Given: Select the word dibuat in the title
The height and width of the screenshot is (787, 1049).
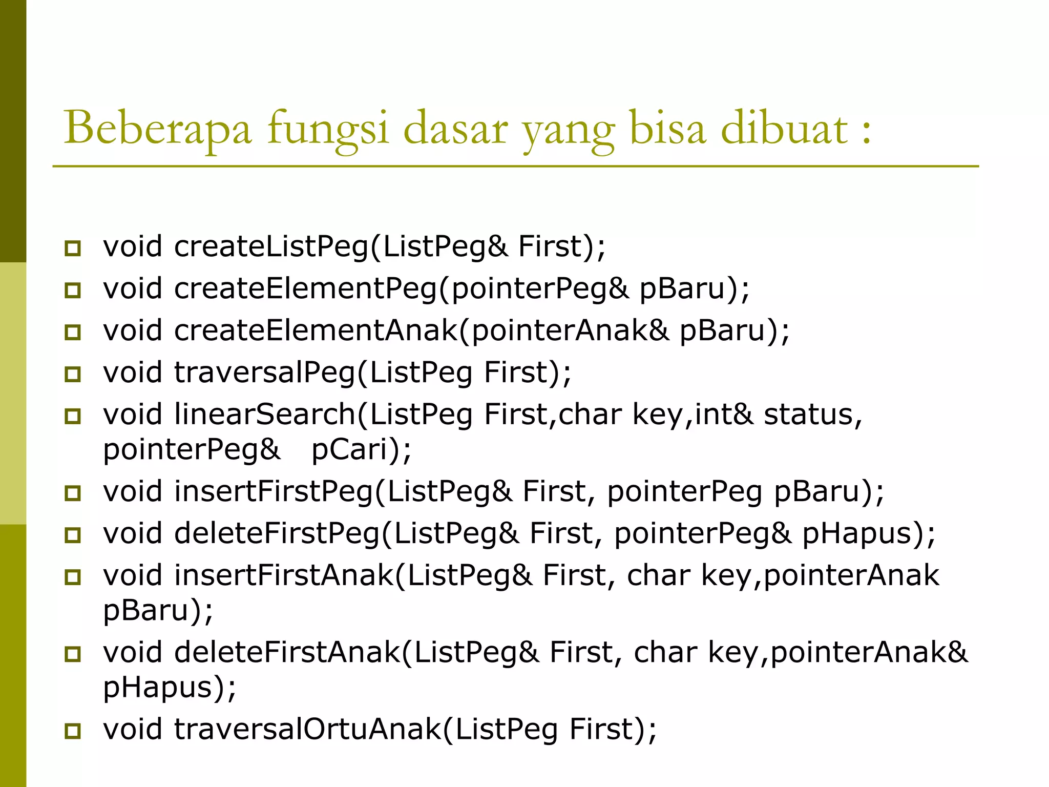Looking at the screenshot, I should click(x=784, y=128).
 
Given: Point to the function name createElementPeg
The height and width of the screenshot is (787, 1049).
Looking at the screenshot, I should click(x=305, y=288).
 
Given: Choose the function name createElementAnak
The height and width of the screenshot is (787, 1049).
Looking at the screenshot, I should click(x=316, y=330).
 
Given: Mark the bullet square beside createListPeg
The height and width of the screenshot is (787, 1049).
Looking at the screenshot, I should click(x=73, y=248).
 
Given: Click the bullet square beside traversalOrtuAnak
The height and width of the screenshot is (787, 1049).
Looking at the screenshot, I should click(x=73, y=731).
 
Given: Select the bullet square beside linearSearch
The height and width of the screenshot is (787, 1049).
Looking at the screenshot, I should click(x=73, y=416).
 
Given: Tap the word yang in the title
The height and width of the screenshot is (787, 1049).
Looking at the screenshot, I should click(x=569, y=131).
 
